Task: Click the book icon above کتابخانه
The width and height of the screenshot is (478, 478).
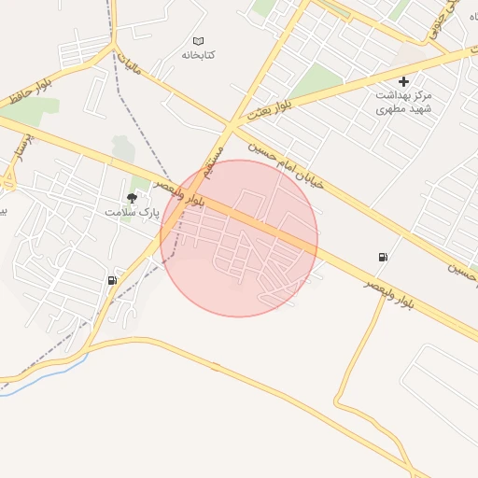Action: tap(198, 40)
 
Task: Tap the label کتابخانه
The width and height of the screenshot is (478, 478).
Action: tap(198, 55)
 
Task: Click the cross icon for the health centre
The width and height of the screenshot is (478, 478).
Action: tap(403, 82)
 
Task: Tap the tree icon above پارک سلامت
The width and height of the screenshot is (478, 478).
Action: tap(132, 198)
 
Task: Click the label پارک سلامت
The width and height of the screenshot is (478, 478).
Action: tap(132, 213)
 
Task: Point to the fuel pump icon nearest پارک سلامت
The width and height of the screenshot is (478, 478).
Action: tap(113, 280)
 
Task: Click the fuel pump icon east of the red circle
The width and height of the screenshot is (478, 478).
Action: tap(382, 257)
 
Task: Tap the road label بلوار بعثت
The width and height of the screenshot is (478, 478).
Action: tap(271, 110)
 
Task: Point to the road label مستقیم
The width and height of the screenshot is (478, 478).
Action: tap(215, 162)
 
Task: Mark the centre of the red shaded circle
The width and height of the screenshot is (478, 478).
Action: tap(239, 238)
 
